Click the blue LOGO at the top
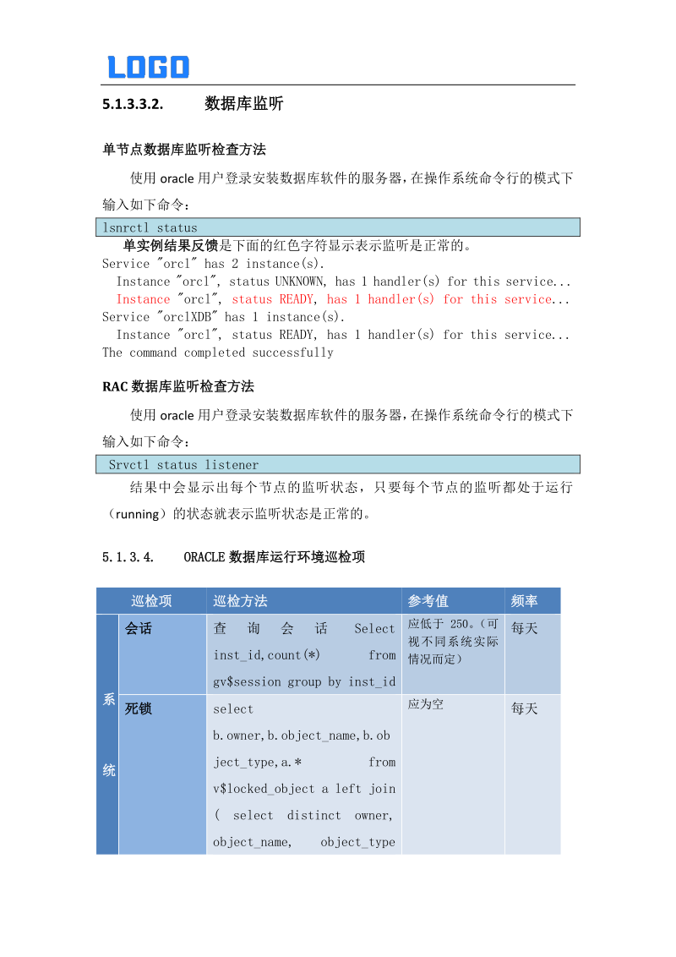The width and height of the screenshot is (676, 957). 148,67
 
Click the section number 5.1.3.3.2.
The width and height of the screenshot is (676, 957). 132,105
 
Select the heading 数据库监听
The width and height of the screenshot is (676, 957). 244,104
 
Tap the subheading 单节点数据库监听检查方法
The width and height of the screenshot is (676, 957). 184,150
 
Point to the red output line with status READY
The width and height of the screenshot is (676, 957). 342,299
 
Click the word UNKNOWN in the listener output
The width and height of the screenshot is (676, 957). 303,282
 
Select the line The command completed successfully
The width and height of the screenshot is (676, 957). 218,353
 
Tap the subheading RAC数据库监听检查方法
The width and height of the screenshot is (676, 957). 178,386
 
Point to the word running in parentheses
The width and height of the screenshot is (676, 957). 136,514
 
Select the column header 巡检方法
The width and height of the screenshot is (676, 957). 240,601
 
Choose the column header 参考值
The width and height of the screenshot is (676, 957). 428,601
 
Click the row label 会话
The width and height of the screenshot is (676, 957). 139,629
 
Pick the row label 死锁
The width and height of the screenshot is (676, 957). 139,708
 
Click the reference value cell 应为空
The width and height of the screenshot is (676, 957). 426,704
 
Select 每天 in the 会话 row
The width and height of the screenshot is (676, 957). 524,629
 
